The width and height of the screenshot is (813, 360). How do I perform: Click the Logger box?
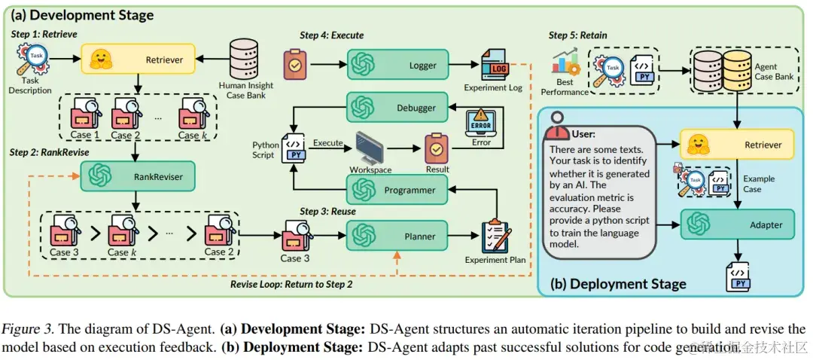coord(397,65)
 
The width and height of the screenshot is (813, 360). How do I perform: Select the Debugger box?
coord(397,107)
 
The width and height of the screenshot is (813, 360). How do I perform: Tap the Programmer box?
coord(397,190)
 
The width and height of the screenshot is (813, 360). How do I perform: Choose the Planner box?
coord(397,236)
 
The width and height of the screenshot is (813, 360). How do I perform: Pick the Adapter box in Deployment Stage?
coord(738,224)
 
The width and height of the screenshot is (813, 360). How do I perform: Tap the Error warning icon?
coord(481,122)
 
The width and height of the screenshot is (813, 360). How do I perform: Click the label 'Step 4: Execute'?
coord(332,35)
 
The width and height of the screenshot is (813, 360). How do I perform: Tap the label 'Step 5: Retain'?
coord(577,35)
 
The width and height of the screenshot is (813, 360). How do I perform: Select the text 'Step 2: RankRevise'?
coord(50,152)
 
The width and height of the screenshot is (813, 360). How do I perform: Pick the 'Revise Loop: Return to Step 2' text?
coord(291,284)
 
